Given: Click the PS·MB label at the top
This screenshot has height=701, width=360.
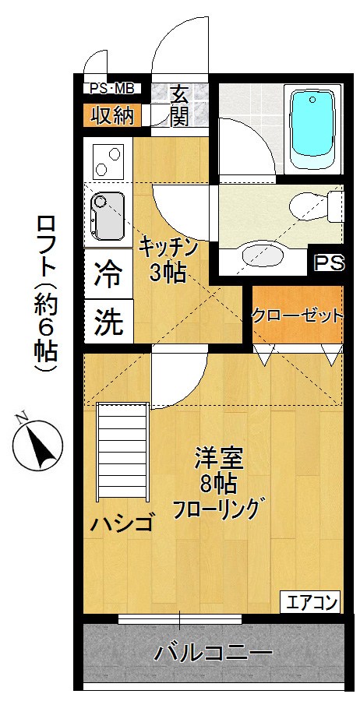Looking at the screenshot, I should [114, 88].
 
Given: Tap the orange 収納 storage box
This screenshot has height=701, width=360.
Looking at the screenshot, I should [113, 115].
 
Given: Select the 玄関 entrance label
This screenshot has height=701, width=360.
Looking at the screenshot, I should [179, 107].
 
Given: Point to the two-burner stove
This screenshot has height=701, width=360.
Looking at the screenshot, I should [108, 160].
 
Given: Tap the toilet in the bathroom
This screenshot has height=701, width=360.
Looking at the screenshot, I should [312, 206].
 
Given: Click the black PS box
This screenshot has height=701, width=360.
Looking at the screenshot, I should [328, 262].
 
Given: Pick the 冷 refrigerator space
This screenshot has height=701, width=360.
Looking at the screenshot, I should [108, 273].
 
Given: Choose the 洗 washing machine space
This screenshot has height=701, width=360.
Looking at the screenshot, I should [108, 322].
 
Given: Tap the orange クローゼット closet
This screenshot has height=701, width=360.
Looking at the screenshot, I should [296, 316].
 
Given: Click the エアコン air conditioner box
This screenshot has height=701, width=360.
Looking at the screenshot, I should [311, 601].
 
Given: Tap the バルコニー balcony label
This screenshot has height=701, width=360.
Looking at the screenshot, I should [212, 651].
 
